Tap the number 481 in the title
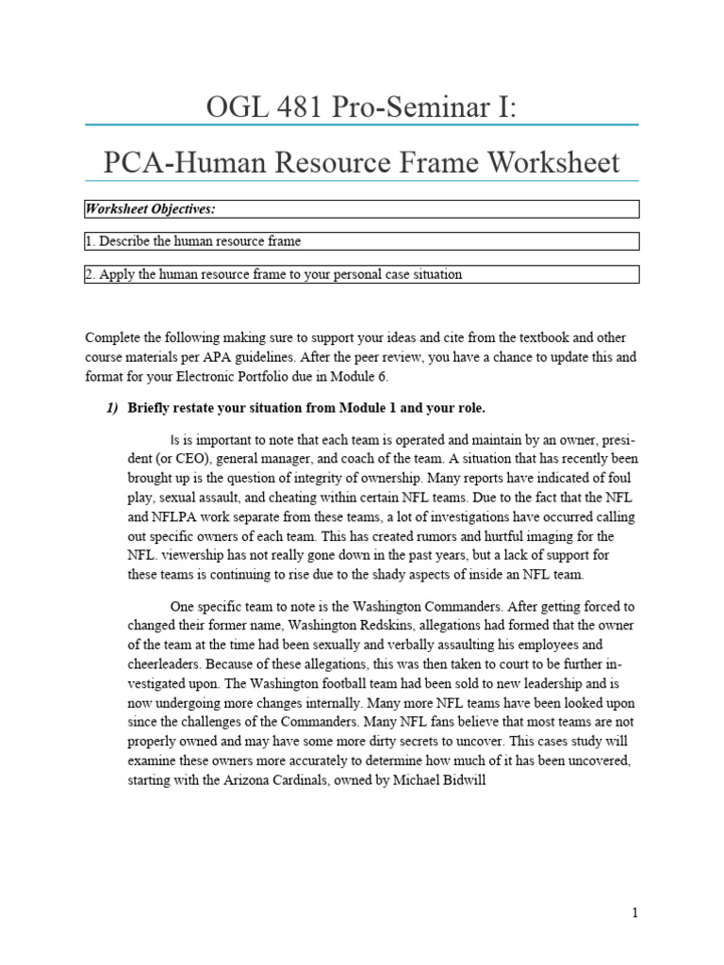[x=304, y=106]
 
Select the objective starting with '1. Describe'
[x=193, y=241]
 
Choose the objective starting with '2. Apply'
[x=273, y=274]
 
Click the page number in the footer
[x=635, y=913]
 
